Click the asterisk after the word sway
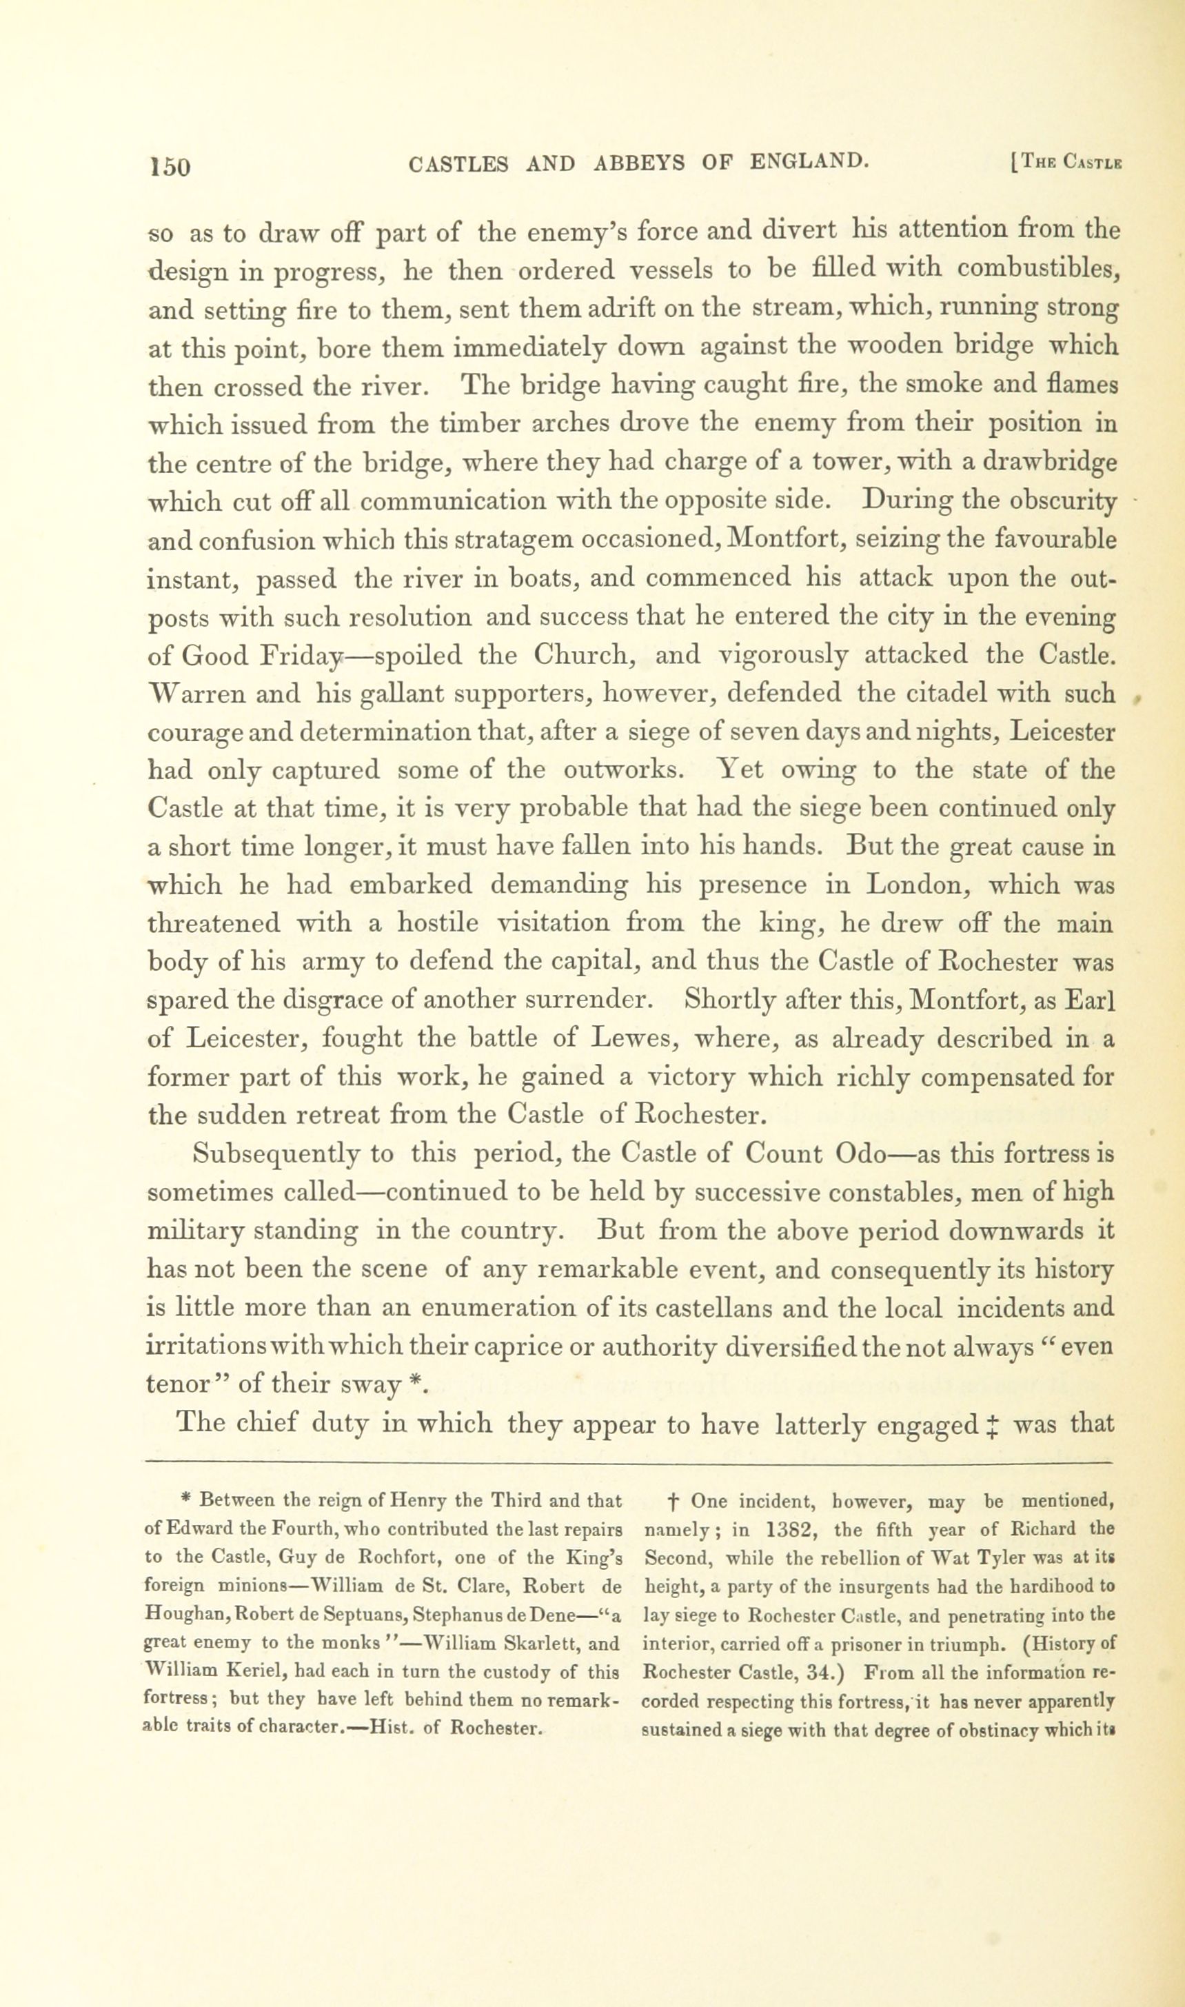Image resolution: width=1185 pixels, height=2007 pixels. [414, 1383]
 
